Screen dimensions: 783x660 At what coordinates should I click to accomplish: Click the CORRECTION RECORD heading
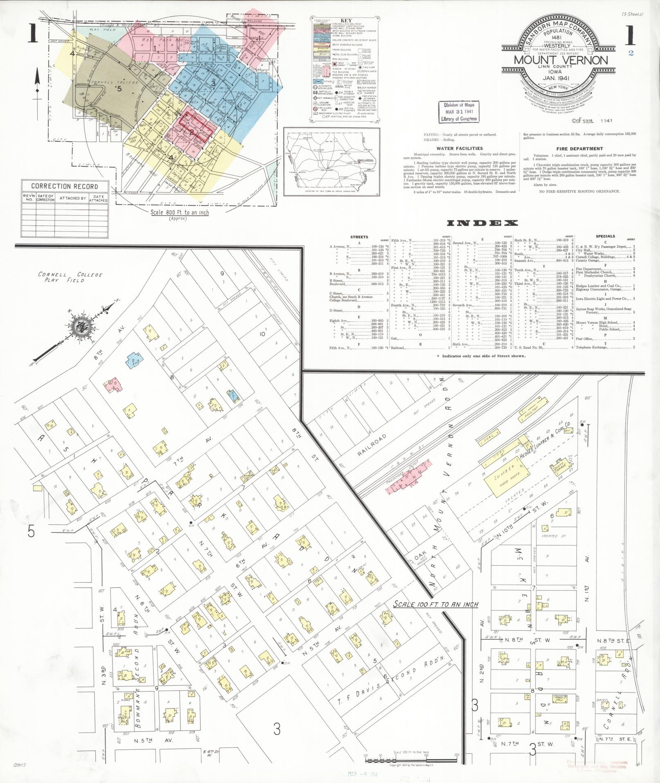point(65,186)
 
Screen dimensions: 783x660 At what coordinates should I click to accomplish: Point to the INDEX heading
point(482,223)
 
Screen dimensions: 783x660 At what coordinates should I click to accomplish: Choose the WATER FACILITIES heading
point(460,149)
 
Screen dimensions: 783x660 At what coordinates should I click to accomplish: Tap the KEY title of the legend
point(346,20)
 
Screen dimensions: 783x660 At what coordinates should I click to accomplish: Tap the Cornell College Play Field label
point(70,278)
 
